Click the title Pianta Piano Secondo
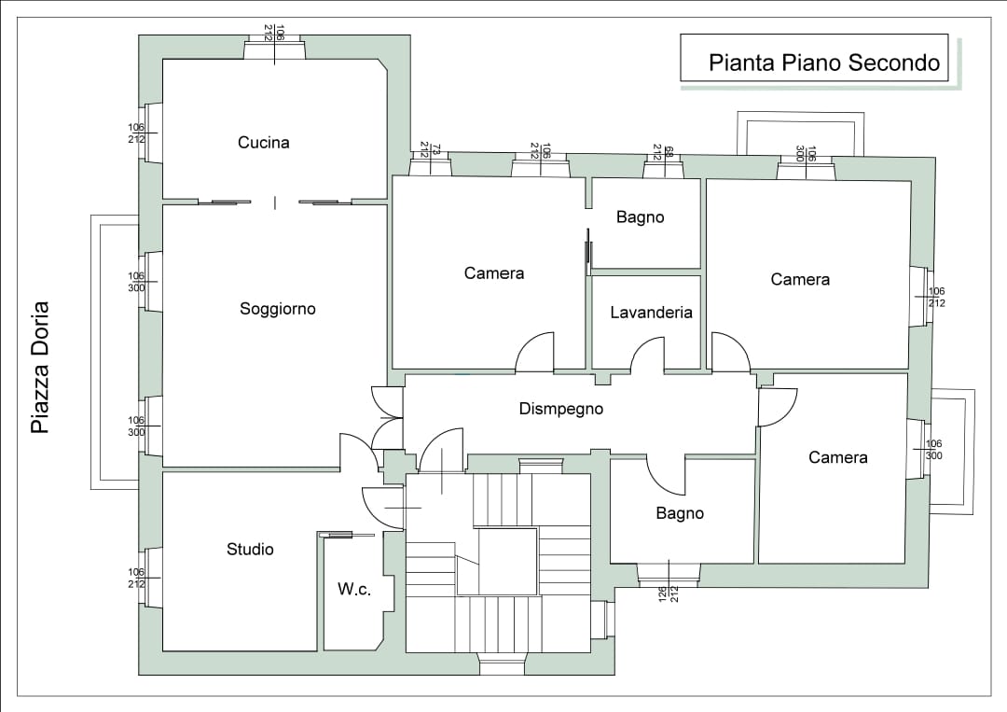823,63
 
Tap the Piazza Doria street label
39,367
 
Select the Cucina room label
264,143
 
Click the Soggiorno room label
278,309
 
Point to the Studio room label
250,550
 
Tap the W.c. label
354,590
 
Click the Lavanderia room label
651,313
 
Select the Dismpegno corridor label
560,409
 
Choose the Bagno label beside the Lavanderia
641,217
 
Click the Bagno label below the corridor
680,513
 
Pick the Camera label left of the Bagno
494,273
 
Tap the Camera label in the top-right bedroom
800,279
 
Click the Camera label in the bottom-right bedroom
837,457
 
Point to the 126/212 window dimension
668,593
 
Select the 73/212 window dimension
430,149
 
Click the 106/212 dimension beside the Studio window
136,578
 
